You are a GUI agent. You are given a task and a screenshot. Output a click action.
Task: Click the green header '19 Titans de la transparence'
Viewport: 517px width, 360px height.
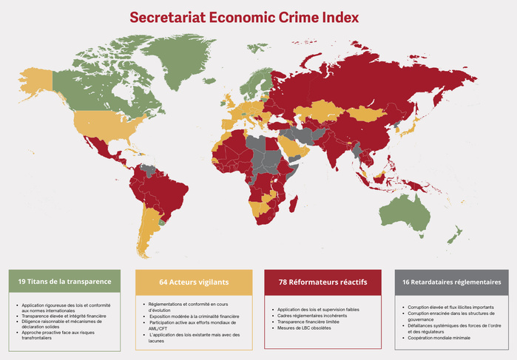pyautogui.click(x=64, y=282)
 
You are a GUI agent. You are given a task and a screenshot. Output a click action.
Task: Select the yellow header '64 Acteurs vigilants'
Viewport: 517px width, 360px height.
pyautogui.click(x=194, y=282)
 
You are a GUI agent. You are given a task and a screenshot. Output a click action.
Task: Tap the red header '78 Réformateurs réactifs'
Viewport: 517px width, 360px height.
pyautogui.click(x=322, y=282)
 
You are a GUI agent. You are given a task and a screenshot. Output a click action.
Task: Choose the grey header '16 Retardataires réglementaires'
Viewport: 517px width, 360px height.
pyautogui.click(x=451, y=282)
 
